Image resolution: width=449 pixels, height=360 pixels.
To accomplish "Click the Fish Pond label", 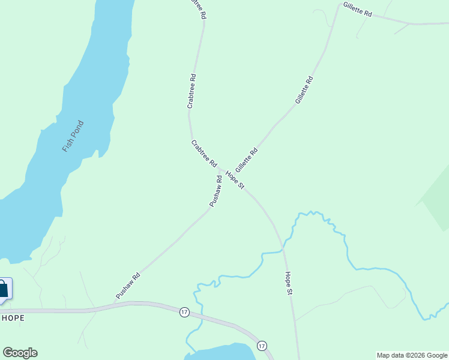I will coord(73,136).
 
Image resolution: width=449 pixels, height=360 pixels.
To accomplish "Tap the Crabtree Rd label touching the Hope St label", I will coord(204,153).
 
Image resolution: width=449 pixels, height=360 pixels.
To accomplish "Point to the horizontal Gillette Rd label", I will coord(358,9).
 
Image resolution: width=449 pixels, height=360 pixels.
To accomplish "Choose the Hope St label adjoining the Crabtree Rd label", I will coord(235,179).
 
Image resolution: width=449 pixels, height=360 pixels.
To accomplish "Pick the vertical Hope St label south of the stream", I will coord(289,283).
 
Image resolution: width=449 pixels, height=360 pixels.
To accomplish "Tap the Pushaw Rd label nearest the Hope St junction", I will coord(216,191).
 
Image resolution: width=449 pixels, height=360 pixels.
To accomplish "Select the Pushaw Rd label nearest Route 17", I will coord(128,286).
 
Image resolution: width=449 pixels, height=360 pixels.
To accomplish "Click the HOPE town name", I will coord(13,318).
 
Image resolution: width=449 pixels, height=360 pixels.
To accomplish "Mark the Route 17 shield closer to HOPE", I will coord(184,312).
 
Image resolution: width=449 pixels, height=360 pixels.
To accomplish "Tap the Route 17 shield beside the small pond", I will coord(262,346).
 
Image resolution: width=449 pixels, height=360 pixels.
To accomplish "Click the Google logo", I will coord(20,353).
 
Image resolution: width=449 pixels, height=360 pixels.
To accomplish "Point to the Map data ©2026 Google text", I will coord(412,355).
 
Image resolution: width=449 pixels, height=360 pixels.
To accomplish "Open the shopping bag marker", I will coord(4,289).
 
